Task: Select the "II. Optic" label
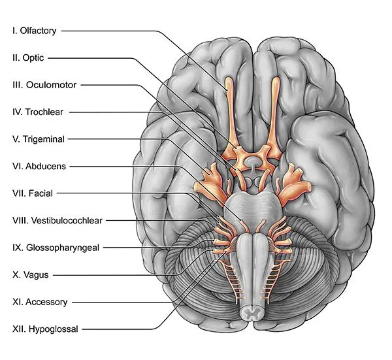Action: (x=28, y=57)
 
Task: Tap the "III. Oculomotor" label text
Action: (x=44, y=85)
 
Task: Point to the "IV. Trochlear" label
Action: (x=38, y=112)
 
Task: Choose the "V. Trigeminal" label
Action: (x=39, y=139)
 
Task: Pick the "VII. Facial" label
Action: (x=32, y=193)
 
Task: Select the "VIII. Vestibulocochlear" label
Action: (x=57, y=221)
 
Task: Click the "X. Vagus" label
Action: (x=31, y=275)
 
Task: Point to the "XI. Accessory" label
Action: (x=39, y=302)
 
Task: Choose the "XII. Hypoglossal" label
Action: (x=44, y=329)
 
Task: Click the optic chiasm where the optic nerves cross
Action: (x=252, y=159)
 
